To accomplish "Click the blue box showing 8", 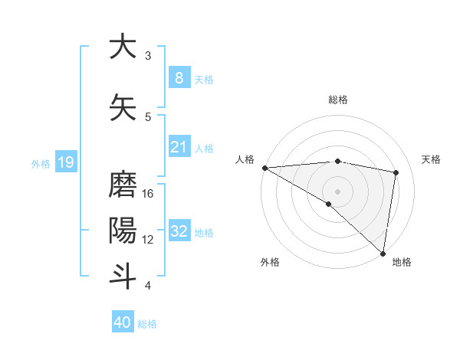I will tap(179, 77).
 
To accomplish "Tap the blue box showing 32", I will tap(179, 231).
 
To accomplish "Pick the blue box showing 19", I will tap(65, 162).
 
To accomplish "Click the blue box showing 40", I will tap(122, 322).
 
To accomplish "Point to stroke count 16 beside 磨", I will tap(148, 194).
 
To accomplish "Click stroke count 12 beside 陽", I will tap(148, 240).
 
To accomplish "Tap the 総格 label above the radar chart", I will tap(337, 100).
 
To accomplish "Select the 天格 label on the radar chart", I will tap(432, 159).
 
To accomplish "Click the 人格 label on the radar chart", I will tap(245, 159).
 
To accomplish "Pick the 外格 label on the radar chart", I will tap(269, 262).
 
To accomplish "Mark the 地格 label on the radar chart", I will tap(402, 262).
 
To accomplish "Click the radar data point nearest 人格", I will tap(264, 168).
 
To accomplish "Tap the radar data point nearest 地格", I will tap(383, 253).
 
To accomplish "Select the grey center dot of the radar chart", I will tap(337, 191).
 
